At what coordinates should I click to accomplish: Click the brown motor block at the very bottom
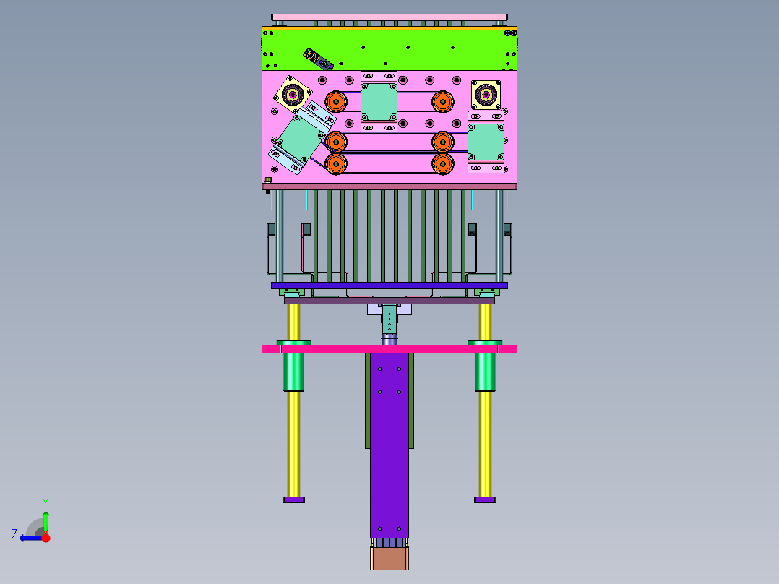tap(389, 558)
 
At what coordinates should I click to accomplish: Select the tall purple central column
tap(389, 445)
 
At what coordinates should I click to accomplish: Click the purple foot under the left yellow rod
tap(293, 499)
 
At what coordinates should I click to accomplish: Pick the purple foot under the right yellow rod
tap(485, 499)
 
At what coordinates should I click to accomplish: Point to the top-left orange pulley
tap(336, 102)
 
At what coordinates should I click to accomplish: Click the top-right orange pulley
tap(443, 102)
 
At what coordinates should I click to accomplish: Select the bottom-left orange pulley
tap(336, 163)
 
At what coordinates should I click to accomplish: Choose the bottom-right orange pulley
tap(443, 163)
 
